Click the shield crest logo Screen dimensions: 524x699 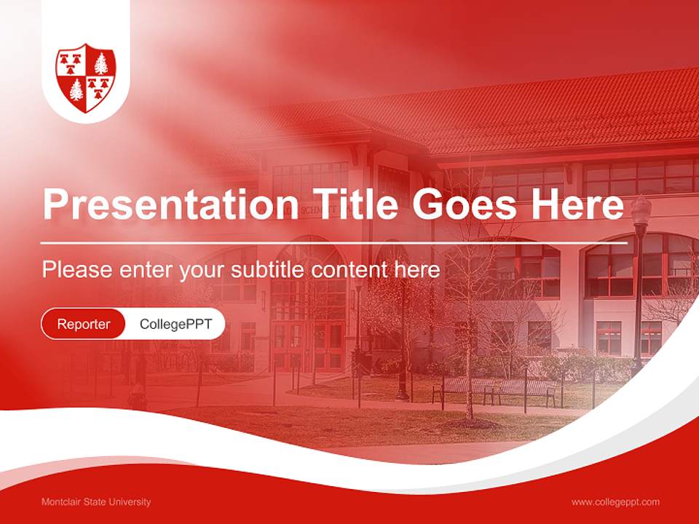tap(86, 77)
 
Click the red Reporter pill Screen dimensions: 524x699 tap(84, 324)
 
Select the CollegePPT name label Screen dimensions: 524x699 tap(175, 324)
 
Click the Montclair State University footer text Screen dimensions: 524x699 tap(96, 502)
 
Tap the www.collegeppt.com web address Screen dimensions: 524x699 tap(615, 502)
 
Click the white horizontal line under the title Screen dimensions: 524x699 tap(334, 242)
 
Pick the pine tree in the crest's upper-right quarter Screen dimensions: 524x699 tap(100, 63)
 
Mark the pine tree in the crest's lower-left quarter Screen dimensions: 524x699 tap(76, 91)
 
